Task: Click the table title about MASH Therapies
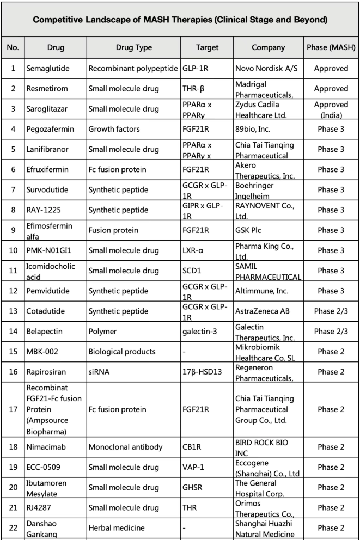point(180,20)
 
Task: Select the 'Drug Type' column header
point(133,48)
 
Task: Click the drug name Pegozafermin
point(50,129)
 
